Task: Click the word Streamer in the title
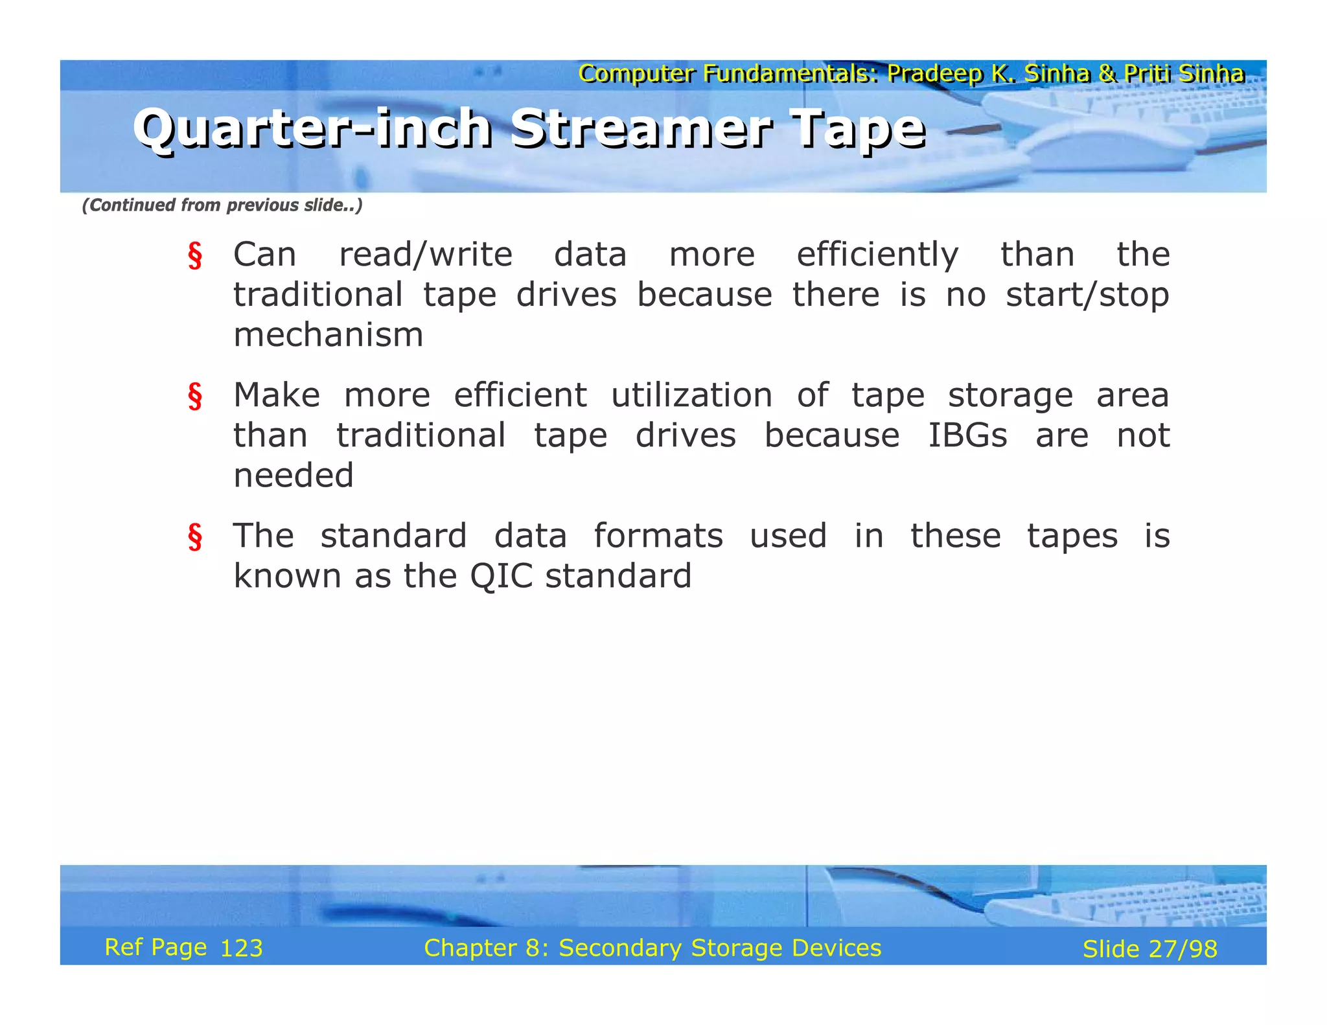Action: click(641, 128)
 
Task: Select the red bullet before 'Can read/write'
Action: click(194, 255)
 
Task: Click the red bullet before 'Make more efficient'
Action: click(194, 396)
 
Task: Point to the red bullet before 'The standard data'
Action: click(194, 536)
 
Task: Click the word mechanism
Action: click(328, 335)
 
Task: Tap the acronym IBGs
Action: click(967, 435)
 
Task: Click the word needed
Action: click(293, 476)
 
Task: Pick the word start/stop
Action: click(1087, 295)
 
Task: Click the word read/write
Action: click(426, 255)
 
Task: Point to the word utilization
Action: click(691, 395)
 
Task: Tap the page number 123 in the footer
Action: click(241, 949)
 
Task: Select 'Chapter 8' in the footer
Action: click(486, 948)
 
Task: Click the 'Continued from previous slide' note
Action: click(222, 205)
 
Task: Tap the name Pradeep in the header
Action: click(934, 74)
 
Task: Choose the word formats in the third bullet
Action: click(658, 536)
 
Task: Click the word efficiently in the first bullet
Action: click(877, 255)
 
